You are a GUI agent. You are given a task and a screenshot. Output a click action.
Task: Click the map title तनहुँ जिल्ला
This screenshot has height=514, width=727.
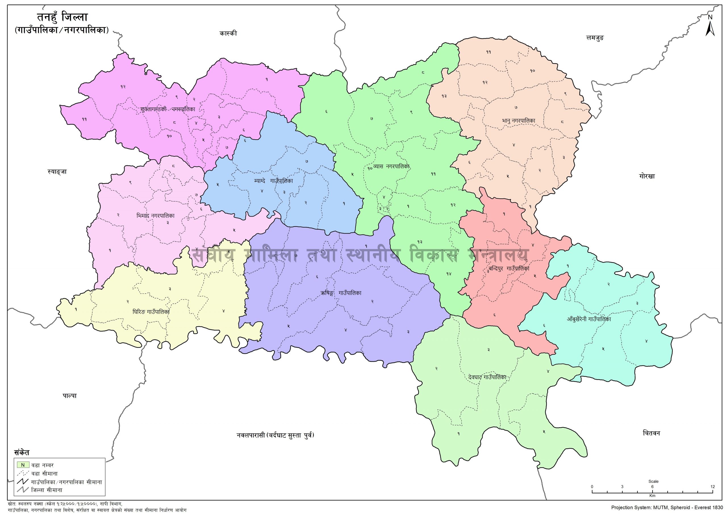pyautogui.click(x=63, y=18)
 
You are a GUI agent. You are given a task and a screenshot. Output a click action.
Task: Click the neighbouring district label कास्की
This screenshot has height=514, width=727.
pyautogui.click(x=228, y=33)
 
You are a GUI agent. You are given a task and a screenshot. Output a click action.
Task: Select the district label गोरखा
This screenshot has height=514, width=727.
pyautogui.click(x=646, y=176)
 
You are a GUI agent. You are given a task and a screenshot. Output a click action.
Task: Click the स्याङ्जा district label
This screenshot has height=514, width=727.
pyautogui.click(x=57, y=172)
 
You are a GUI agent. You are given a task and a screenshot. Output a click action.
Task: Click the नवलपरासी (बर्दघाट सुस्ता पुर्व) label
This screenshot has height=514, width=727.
pyautogui.click(x=275, y=435)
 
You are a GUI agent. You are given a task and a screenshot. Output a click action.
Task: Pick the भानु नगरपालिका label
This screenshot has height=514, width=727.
pyautogui.click(x=518, y=121)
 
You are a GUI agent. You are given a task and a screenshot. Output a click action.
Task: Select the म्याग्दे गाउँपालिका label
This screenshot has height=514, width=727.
pyautogui.click(x=273, y=181)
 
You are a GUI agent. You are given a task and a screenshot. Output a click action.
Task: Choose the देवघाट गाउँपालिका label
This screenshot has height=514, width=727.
pyautogui.click(x=487, y=377)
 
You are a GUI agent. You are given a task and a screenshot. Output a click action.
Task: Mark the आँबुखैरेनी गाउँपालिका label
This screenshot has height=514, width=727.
pyautogui.click(x=589, y=319)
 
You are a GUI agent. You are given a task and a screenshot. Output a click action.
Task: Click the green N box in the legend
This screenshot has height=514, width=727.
pyautogui.click(x=23, y=465)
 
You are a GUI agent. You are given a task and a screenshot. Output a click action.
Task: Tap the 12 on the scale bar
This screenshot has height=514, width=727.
pyautogui.click(x=713, y=486)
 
